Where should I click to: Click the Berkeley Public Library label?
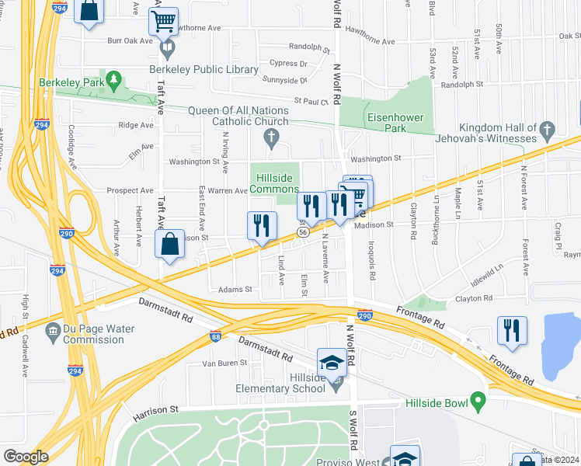(204, 69)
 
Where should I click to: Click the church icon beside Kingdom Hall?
(547, 128)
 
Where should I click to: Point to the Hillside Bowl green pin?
(478, 402)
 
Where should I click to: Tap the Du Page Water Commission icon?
(53, 332)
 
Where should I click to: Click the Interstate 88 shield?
(215, 336)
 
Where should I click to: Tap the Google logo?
(26, 457)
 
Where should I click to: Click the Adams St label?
(238, 289)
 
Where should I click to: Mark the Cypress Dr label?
(288, 63)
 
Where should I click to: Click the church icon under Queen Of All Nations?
(271, 139)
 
